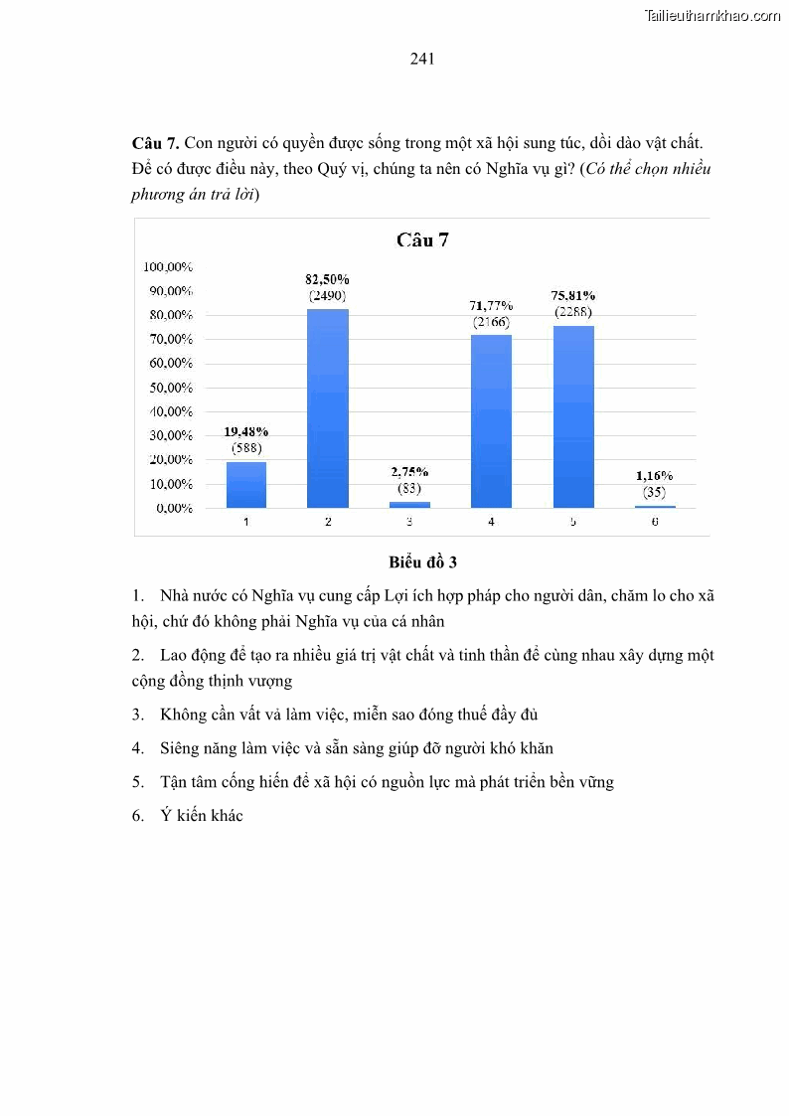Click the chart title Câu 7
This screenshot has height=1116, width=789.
pos(422,239)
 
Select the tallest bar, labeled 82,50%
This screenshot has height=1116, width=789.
pos(327,407)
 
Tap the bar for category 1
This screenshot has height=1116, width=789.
pos(245,485)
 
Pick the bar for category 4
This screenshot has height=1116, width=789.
pos(491,421)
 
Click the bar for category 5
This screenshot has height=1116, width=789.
pos(572,416)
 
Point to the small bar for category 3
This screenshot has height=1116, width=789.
pos(409,505)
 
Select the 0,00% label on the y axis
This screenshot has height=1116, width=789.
pos(173,508)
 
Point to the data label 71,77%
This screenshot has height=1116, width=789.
pos(491,305)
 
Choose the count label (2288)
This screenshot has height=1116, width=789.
pos(573,312)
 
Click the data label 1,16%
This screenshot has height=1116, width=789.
pos(655,476)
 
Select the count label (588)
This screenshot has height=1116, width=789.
pos(245,448)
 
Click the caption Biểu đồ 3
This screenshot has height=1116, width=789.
pos(422,562)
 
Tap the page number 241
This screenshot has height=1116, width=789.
pos(422,59)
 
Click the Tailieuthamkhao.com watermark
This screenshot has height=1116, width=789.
pos(712,15)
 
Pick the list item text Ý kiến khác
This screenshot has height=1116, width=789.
pos(202,816)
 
